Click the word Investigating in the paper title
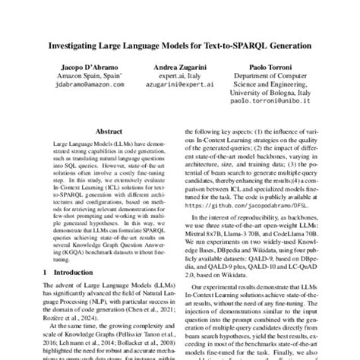click(x=79, y=45)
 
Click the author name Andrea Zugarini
click(x=180, y=68)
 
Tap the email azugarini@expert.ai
click(x=180, y=89)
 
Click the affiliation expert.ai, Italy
click(x=180, y=78)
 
